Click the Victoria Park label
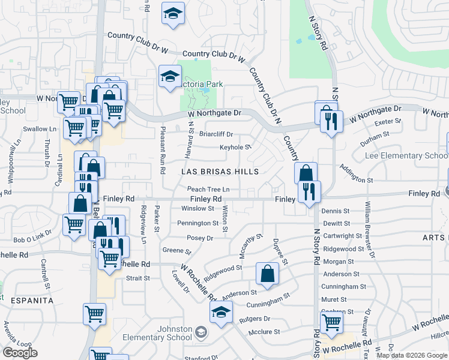click(204, 85)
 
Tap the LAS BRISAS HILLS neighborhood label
click(220, 172)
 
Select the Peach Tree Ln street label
click(208, 189)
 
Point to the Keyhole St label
click(235, 147)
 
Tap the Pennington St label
click(198, 223)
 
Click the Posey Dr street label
click(200, 238)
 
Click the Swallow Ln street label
click(39, 129)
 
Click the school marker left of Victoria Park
click(170, 76)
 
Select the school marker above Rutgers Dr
click(221, 312)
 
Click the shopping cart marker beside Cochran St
click(331, 322)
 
